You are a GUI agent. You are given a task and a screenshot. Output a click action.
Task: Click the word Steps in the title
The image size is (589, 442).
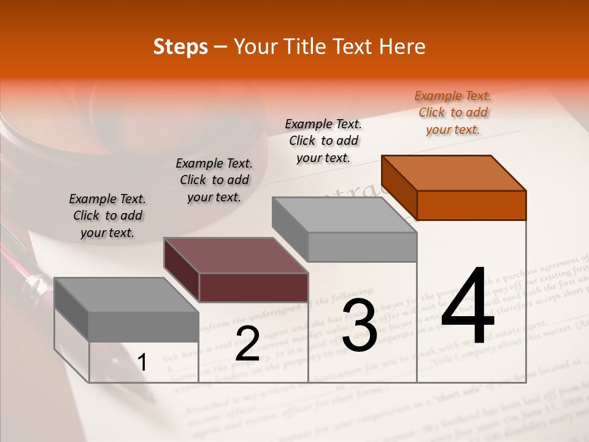[180, 47]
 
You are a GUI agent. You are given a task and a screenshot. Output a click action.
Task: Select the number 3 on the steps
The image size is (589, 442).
[360, 325]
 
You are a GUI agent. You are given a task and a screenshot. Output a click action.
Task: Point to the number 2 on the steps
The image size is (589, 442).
[247, 344]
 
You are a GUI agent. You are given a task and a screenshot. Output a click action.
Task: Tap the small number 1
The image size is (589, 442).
[142, 363]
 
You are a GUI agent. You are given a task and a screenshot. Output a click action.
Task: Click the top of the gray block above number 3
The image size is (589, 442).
[344, 215]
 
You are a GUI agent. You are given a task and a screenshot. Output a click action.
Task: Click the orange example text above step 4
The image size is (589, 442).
[453, 113]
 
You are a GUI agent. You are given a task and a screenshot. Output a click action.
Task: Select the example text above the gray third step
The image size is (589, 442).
[323, 141]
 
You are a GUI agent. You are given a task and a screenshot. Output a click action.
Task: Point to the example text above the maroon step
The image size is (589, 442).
[214, 180]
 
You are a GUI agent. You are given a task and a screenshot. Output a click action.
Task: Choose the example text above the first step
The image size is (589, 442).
[107, 216]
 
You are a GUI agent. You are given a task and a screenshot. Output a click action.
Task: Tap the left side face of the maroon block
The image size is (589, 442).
[181, 270]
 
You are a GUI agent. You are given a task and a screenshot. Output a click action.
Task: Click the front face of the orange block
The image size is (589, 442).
[471, 205]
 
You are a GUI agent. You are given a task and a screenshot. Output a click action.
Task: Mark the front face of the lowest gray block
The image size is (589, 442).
[144, 327]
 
